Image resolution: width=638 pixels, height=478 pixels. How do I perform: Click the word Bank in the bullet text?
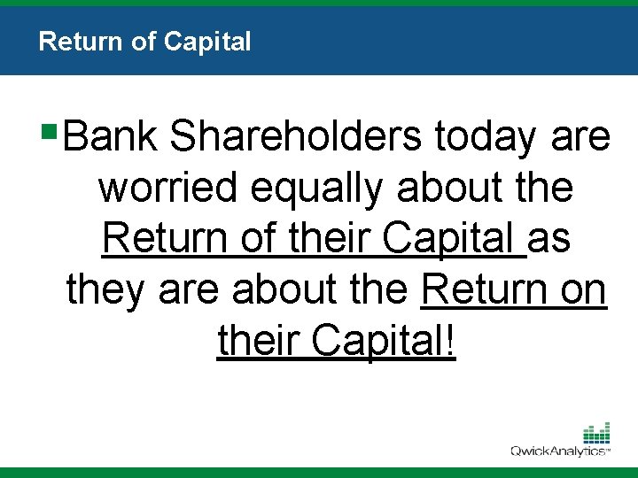point(110,137)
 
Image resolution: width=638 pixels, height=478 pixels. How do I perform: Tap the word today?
point(485,137)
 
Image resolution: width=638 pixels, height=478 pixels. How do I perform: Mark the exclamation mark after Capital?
point(452,340)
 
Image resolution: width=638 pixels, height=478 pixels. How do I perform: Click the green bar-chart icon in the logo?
point(595,433)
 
